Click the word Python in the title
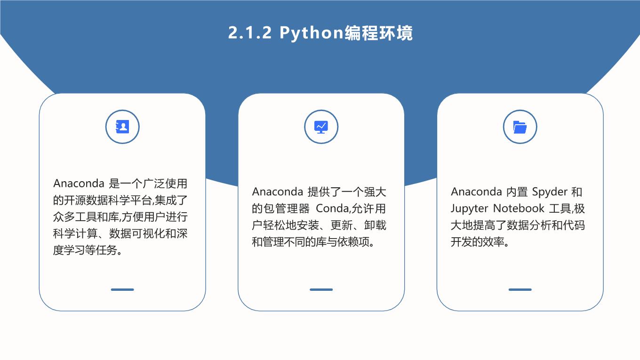pos(311,33)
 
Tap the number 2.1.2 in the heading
pos(250,32)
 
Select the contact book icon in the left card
pos(122,127)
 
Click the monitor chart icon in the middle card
pos(321,127)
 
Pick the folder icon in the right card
pos(520,127)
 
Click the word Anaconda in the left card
pos(79,184)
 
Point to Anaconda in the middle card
pos(278,192)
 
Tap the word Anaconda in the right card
pos(476,192)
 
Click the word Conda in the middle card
pos(332,208)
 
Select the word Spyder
pos(550,192)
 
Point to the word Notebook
pos(519,208)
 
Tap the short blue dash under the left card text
pos(122,289)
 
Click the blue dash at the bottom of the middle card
pos(321,289)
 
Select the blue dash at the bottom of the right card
pos(520,289)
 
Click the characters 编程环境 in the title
pos(378,33)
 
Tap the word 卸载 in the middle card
pos(375,225)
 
